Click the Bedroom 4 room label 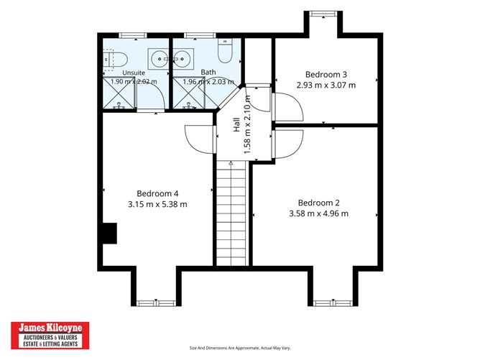click(x=157, y=193)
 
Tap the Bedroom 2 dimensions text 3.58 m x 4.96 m click(x=318, y=213)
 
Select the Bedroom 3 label click(x=326, y=75)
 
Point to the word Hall click(x=236, y=124)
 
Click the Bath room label click(x=208, y=73)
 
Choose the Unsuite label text click(x=134, y=73)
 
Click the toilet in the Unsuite click(x=115, y=60)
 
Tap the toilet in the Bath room click(x=225, y=50)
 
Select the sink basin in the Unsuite click(x=159, y=58)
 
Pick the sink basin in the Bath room click(x=183, y=58)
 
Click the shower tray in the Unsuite click(x=119, y=93)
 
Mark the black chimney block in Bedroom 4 click(x=110, y=234)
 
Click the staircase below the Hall click(x=231, y=213)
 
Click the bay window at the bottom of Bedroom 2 click(x=333, y=303)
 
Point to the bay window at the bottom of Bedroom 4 click(x=156, y=303)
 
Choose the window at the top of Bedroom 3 click(x=323, y=14)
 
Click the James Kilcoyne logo click(x=50, y=336)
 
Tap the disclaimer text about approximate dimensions click(x=240, y=348)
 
